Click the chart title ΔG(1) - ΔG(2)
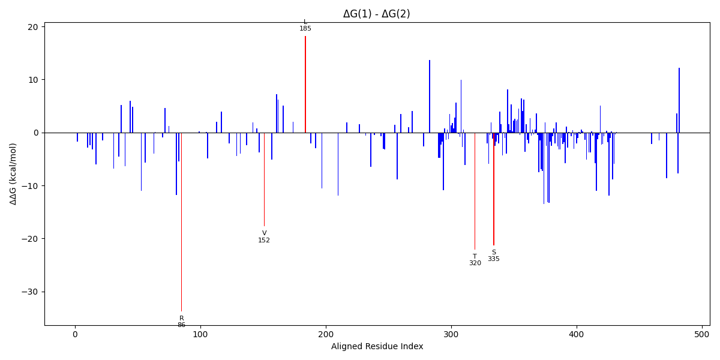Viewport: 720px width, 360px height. tap(376, 14)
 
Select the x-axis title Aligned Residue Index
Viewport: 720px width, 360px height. tap(377, 346)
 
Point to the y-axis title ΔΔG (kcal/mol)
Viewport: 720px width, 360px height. tap(13, 173)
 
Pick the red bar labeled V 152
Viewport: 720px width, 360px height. tap(264, 179)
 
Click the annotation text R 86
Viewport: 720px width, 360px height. tap(181, 322)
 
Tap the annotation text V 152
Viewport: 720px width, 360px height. tap(264, 236)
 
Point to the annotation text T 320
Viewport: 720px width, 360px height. tap(475, 260)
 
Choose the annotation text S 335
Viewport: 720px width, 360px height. tap(493, 256)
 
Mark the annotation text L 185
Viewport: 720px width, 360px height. tap(305, 25)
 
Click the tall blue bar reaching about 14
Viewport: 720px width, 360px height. tap(430, 96)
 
